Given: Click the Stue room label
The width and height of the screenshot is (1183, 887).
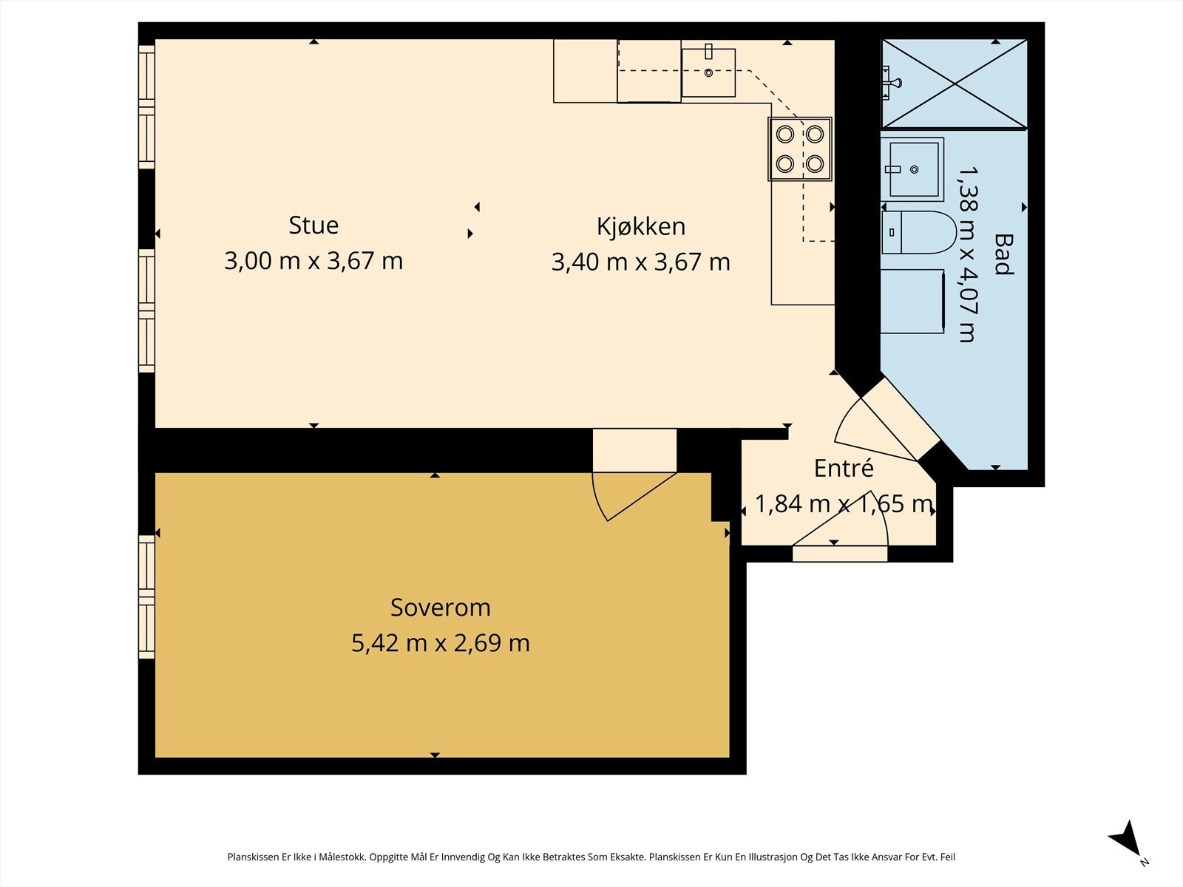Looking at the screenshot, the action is [x=313, y=225].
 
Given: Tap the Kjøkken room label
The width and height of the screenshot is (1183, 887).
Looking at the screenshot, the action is [x=641, y=227].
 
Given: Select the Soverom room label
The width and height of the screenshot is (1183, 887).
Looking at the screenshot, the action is [x=441, y=608].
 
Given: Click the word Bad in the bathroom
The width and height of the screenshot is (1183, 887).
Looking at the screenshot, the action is [x=1003, y=254].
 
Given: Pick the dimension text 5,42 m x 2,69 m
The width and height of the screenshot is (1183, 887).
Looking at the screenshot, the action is [x=441, y=643].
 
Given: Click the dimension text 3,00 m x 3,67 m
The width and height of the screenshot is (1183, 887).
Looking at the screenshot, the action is [x=313, y=261].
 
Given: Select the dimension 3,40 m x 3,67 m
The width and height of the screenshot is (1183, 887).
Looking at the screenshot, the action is [x=641, y=262].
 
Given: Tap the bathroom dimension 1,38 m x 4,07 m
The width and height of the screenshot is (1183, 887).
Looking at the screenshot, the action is [x=968, y=254].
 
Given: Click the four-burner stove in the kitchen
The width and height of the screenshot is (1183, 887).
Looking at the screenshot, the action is [x=800, y=149].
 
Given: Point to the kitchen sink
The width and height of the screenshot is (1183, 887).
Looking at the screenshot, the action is [x=708, y=72].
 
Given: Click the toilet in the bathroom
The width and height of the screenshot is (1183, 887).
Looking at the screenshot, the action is [x=918, y=233].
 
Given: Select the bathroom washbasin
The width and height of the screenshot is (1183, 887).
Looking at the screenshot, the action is [x=912, y=170].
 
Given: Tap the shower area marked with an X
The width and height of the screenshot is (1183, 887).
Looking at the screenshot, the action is [x=954, y=84].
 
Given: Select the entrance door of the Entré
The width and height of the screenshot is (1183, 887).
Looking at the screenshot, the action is [x=840, y=553].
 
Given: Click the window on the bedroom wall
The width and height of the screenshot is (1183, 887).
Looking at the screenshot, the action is [x=146, y=597].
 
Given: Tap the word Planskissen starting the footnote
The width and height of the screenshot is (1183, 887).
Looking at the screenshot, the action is [x=253, y=857].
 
